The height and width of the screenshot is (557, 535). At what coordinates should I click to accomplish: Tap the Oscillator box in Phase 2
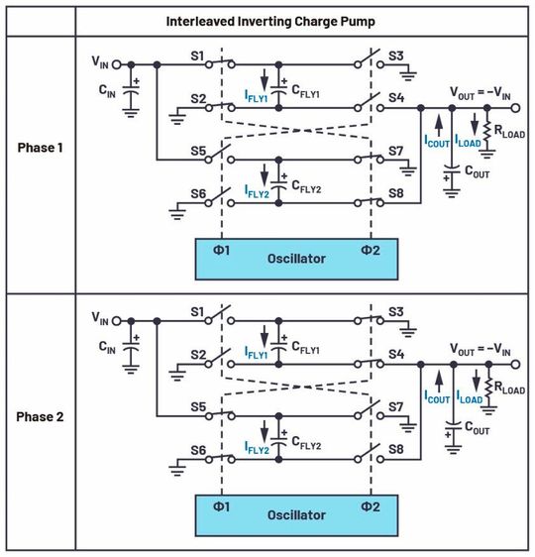coord(297,514)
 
